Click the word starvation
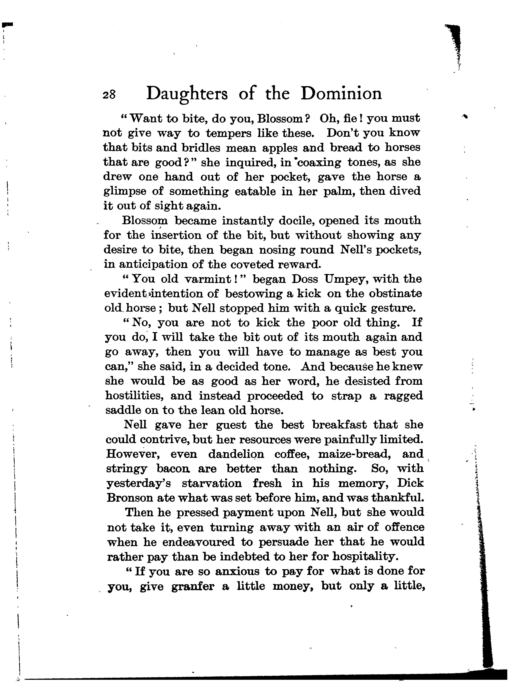click(x=212, y=484)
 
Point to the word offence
click(x=404, y=528)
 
